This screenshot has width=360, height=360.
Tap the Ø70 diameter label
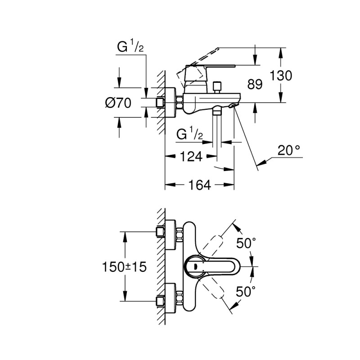pyautogui.click(x=118, y=103)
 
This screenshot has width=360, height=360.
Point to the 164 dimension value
pyautogui.click(x=200, y=184)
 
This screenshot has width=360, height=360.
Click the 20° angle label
pyautogui.click(x=288, y=150)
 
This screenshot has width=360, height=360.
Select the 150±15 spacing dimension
pyautogui.click(x=125, y=267)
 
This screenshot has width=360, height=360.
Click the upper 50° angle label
pyautogui.click(x=246, y=243)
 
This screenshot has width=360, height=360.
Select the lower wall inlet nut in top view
pyautogui.click(x=160, y=301)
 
